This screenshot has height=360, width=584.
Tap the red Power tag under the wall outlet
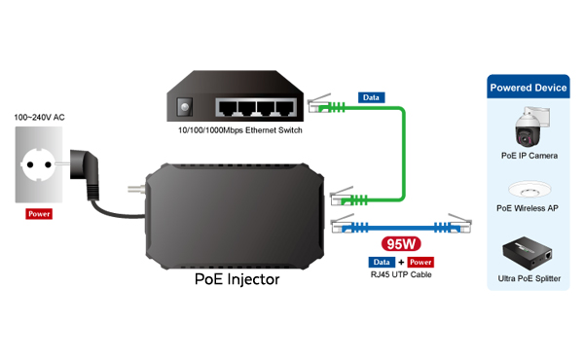[x=39, y=213]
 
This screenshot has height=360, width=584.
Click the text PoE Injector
[x=237, y=279]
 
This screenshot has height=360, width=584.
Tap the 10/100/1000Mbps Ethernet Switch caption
[x=239, y=130]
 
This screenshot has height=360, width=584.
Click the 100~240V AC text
[x=40, y=118]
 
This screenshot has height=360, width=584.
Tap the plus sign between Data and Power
[x=401, y=263]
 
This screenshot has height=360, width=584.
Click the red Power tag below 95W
[x=420, y=263]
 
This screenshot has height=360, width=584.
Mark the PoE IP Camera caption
[x=529, y=156]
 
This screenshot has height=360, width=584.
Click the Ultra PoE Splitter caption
[x=529, y=279]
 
